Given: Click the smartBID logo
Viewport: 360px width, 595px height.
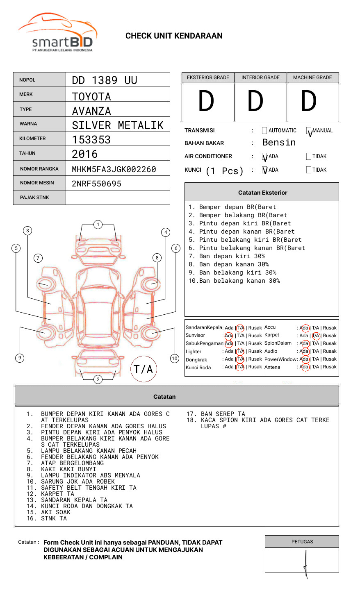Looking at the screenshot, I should [x=57, y=34].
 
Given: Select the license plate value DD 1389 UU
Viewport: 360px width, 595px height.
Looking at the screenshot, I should [x=104, y=80].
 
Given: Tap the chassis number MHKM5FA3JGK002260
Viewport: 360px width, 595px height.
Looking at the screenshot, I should [x=114, y=169].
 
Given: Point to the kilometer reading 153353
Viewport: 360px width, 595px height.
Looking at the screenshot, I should [x=91, y=140].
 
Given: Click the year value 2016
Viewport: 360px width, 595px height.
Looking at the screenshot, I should [x=84, y=154].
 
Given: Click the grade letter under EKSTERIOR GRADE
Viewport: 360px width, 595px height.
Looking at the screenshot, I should [x=206, y=102].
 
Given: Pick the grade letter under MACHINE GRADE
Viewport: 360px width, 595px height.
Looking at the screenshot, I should [x=309, y=102].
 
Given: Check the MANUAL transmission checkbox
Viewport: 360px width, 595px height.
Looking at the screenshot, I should [x=309, y=131].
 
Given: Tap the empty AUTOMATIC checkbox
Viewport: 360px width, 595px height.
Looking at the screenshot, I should [x=264, y=131].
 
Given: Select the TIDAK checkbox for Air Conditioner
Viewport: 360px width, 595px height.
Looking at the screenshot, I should [x=309, y=156].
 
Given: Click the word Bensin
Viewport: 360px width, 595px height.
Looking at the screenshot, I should [x=279, y=143].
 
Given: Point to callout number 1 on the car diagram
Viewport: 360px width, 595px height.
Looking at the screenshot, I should [x=98, y=224].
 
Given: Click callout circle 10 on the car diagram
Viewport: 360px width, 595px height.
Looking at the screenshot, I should [x=175, y=358].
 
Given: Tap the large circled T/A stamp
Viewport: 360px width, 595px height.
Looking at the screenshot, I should [x=144, y=369].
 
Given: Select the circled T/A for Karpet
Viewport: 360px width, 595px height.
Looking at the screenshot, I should [x=316, y=336].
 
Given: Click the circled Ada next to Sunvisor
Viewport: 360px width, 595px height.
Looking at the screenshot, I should [x=229, y=336].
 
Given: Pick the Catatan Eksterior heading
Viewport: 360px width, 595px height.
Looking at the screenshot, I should [x=262, y=193].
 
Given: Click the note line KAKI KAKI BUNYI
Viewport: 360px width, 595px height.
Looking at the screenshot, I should [x=68, y=469].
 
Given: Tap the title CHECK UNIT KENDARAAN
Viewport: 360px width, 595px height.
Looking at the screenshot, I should [x=174, y=36].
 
